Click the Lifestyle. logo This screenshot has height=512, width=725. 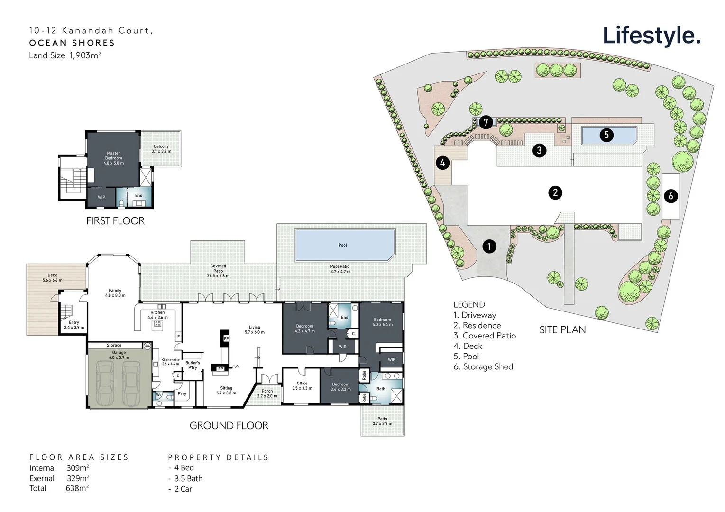coord(651,36)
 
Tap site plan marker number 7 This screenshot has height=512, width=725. coord(486,122)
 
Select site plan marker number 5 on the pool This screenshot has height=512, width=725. coord(606,135)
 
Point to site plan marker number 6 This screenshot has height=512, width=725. coord(670,195)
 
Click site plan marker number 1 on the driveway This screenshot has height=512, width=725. coord(489,246)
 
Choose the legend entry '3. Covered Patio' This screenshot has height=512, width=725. coord(484,336)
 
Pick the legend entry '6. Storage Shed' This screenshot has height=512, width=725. coord(483,366)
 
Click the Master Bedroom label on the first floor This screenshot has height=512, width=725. coord(113,158)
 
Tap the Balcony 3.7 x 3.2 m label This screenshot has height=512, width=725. coord(161,149)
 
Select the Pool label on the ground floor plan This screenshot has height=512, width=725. coord(342,245)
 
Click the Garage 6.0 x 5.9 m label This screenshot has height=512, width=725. coord(119,355)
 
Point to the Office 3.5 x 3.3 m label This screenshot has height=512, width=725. coord(302,385)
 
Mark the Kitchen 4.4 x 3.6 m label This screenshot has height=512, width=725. coord(157,315)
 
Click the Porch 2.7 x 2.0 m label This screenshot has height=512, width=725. coord(267,393)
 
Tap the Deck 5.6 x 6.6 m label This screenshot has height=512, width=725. coord(52,278)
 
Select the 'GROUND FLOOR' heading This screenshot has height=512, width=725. coord(229,426)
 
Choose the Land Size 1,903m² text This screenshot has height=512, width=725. coord(65,55)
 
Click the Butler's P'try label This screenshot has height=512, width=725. coord(193,365)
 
